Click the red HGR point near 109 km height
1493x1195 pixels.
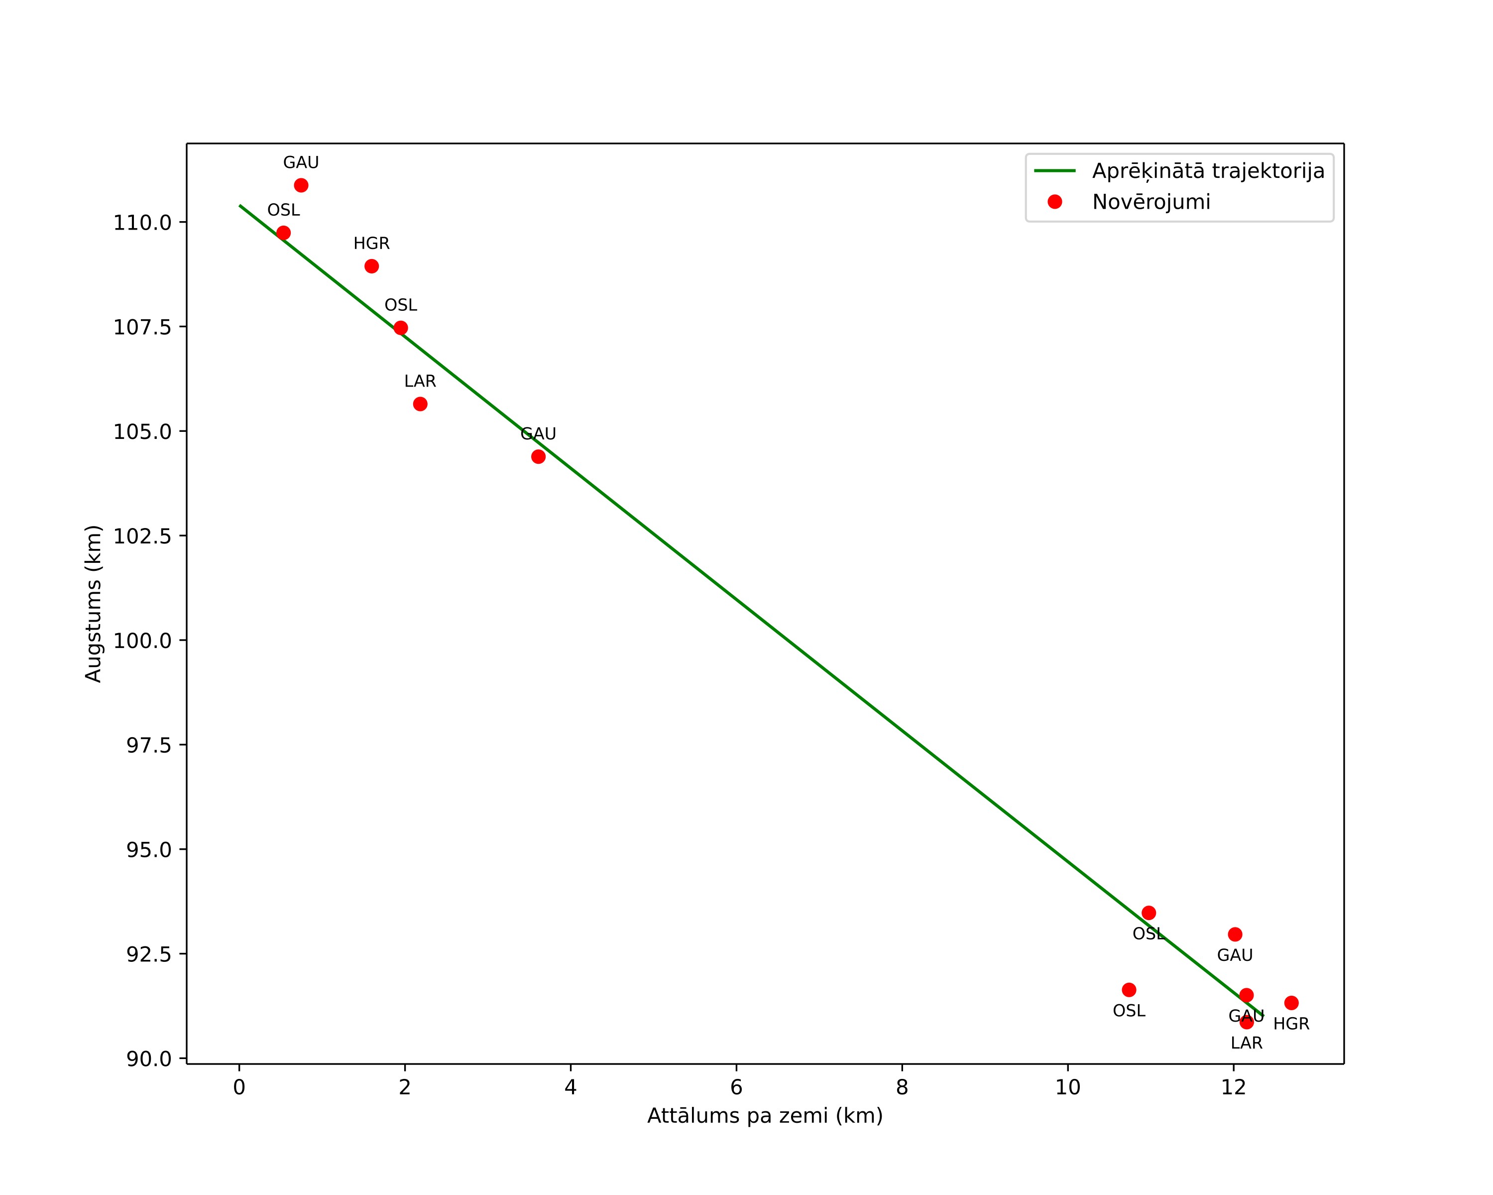tap(372, 266)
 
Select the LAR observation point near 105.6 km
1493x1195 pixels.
tap(420, 404)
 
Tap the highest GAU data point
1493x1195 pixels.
tap(301, 185)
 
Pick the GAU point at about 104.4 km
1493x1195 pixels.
tap(538, 456)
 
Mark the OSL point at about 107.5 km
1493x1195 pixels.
tap(401, 328)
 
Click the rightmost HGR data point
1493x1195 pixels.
tap(1291, 1003)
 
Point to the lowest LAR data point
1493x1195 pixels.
tap(1247, 1022)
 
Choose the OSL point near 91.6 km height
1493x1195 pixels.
tap(1130, 990)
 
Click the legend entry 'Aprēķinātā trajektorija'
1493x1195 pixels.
tap(1208, 171)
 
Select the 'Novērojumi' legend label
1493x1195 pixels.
tap(1151, 202)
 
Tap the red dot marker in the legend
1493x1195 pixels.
tap(1054, 202)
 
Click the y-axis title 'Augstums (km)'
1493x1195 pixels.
tap(94, 603)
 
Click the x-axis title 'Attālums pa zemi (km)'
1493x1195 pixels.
tap(765, 1116)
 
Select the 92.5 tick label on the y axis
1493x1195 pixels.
tap(148, 954)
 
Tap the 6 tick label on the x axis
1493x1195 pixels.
tap(736, 1087)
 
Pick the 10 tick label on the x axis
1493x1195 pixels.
tap(1068, 1087)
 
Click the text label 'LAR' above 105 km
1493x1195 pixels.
tap(420, 382)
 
